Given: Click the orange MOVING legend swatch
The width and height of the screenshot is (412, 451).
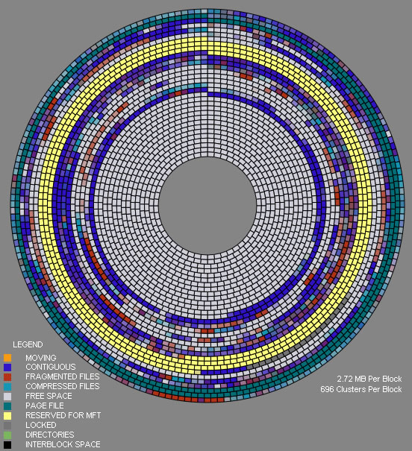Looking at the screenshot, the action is pos(7,358).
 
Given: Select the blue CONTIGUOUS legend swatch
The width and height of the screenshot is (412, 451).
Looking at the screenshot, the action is pos(7,368).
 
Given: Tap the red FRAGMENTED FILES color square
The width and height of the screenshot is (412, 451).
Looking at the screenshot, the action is pos(7,376).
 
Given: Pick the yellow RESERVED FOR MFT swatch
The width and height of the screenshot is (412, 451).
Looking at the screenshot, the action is pos(7,416).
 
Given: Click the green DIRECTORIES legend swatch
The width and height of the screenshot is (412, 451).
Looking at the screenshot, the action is pos(7,435).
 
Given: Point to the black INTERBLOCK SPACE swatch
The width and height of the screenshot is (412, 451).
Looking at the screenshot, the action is pos(7,445).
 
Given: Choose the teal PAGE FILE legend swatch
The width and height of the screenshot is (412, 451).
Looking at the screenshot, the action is pos(7,406).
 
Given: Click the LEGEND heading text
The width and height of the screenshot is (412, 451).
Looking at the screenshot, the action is pos(28,344).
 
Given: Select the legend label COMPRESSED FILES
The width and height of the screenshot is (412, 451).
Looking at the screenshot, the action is pos(63,386).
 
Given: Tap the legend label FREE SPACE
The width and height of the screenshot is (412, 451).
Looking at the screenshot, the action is pos(49,396).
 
